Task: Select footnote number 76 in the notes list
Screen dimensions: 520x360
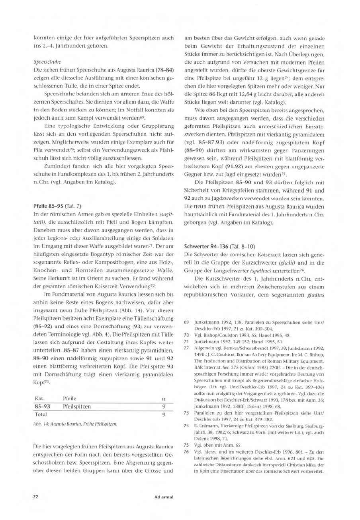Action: coord(186,452)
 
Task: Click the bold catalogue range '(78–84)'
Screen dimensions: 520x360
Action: coord(163,70)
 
